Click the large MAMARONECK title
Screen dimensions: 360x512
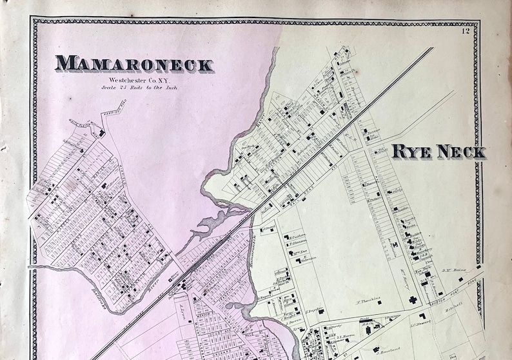134,64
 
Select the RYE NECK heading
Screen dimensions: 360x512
438,152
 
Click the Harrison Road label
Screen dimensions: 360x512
117,115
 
